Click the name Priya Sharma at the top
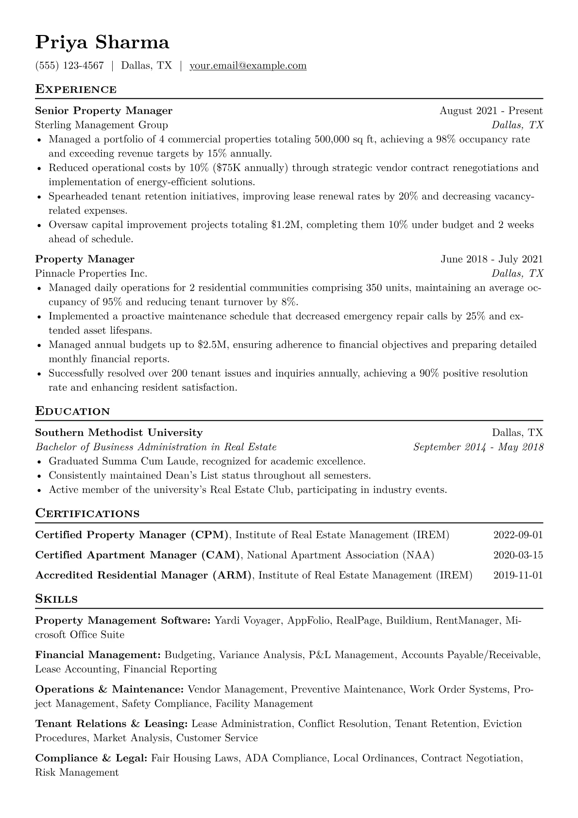(x=102, y=43)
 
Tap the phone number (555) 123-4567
(x=69, y=66)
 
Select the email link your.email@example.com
(x=248, y=66)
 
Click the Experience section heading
(x=76, y=89)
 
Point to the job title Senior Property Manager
(x=104, y=111)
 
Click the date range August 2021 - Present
(x=491, y=111)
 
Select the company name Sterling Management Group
(x=102, y=125)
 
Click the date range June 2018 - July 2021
(x=492, y=259)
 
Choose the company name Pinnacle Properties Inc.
(x=91, y=273)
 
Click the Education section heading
(x=73, y=411)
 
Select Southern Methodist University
(x=119, y=433)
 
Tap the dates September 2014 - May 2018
(x=478, y=447)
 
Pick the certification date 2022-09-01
(x=518, y=535)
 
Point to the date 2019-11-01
(x=518, y=575)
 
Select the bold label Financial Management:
(x=98, y=655)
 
